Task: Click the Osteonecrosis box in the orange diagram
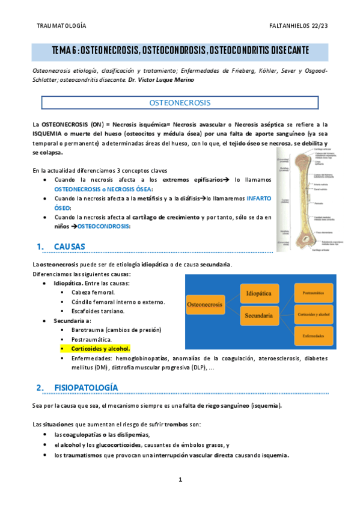[206, 305]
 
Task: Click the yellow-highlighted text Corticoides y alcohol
[100, 348]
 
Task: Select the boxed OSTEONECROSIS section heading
[180, 103]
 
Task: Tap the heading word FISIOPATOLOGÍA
[86, 387]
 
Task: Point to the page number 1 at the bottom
[180, 479]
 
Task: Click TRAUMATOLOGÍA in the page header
[61, 26]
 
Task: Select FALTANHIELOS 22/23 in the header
[298, 26]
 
